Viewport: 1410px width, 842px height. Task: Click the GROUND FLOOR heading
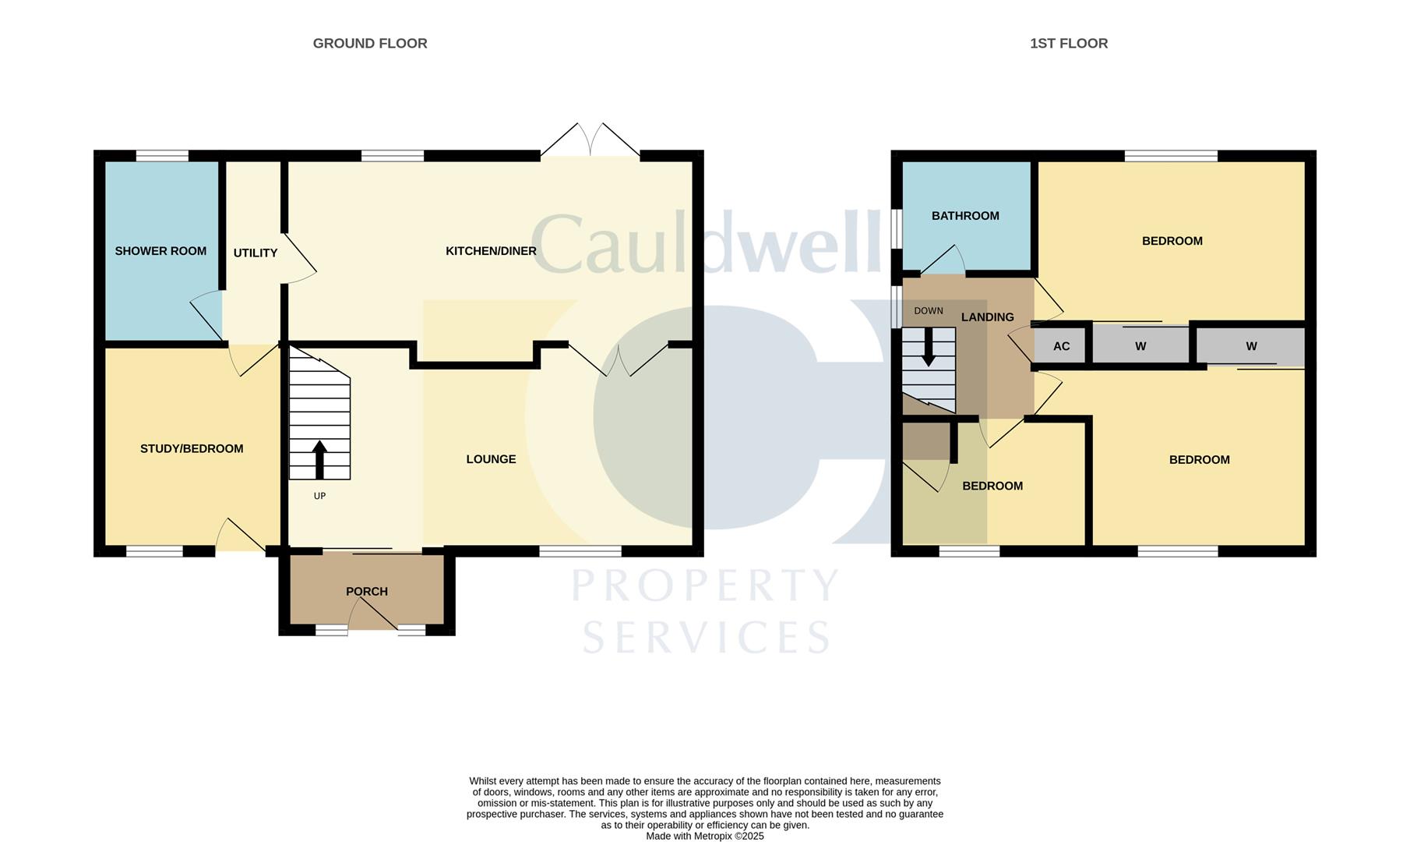point(370,44)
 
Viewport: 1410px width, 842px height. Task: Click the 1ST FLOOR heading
point(1068,44)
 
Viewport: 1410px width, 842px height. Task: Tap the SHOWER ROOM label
point(160,251)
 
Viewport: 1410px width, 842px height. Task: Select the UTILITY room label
point(255,253)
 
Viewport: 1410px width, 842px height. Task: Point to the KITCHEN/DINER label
point(491,251)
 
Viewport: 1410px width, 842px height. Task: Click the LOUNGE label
point(491,459)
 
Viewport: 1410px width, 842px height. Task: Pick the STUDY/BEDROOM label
point(192,449)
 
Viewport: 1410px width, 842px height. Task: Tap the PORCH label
point(367,592)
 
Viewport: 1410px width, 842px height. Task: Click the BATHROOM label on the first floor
point(965,216)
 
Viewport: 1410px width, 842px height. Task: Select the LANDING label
point(987,317)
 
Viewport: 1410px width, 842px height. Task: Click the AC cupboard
point(1061,346)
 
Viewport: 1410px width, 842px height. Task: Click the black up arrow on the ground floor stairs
point(319,459)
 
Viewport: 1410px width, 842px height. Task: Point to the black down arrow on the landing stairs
point(928,347)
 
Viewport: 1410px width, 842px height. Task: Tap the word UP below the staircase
point(319,496)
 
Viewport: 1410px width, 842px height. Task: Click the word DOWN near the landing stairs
point(928,311)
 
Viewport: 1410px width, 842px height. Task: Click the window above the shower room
point(162,156)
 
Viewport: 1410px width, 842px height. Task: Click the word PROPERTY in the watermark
point(705,586)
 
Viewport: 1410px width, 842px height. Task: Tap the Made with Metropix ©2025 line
point(704,836)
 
